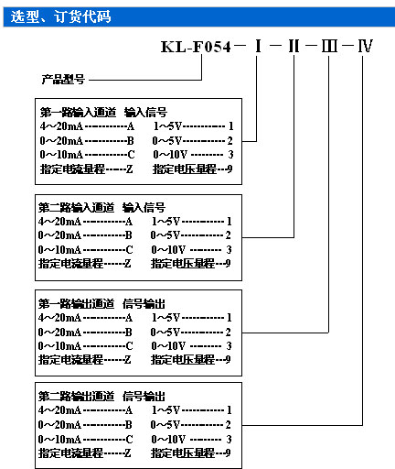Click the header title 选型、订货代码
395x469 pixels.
coord(60,16)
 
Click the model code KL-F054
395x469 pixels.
coord(196,47)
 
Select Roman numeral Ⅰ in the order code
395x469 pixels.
coord(258,47)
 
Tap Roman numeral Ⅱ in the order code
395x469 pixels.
coord(294,47)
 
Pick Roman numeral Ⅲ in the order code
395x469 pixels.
coord(329,47)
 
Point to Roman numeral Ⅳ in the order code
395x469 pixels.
coord(365,47)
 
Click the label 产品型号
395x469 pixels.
coord(63,80)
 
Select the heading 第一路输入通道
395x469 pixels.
coord(78,113)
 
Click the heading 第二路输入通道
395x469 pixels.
coord(76,208)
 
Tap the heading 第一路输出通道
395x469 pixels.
coord(76,304)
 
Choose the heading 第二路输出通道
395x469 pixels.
coord(76,397)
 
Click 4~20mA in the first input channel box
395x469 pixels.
coord(61,126)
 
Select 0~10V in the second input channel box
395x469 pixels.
coord(168,250)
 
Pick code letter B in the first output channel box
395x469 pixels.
coord(129,332)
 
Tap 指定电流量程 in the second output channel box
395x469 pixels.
coord(70,453)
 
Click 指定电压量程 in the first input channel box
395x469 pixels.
coord(185,169)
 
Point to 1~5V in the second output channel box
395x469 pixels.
coord(165,409)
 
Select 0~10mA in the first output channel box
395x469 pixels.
coord(59,346)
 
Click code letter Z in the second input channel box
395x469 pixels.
coord(127,263)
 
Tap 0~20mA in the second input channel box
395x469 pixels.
coord(59,235)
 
